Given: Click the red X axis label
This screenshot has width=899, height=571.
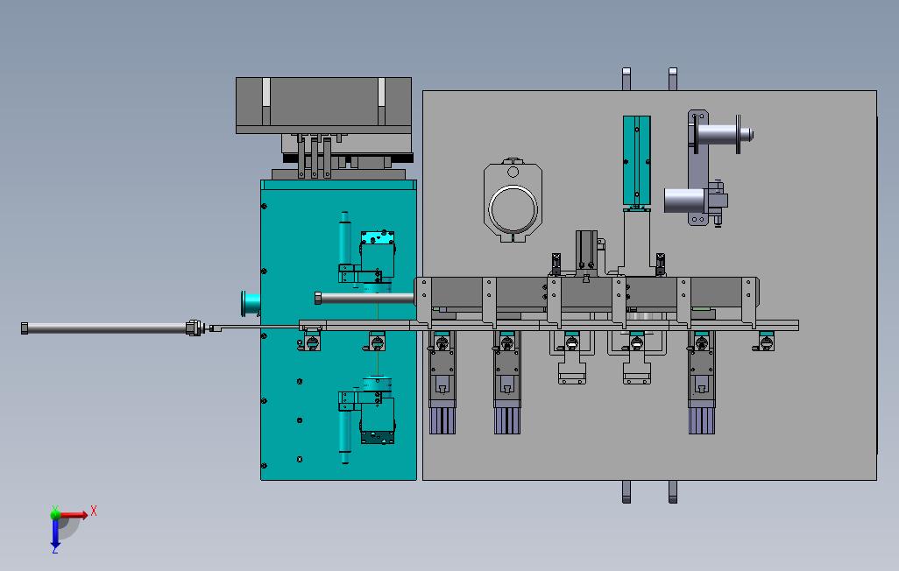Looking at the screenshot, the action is tap(94, 511).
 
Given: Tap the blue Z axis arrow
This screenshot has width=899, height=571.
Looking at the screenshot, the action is tap(55, 533).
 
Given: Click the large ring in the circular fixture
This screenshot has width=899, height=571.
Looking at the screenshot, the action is tap(513, 208).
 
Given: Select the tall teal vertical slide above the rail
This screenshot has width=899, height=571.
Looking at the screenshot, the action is tap(636, 160).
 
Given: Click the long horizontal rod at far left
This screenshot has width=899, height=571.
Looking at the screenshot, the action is tap(107, 328).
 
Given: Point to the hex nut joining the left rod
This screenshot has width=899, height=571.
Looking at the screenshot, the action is tap(195, 328).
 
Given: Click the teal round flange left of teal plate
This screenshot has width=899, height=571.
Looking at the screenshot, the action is tap(250, 303).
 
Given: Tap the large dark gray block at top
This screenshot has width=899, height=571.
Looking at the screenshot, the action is tap(323, 105).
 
